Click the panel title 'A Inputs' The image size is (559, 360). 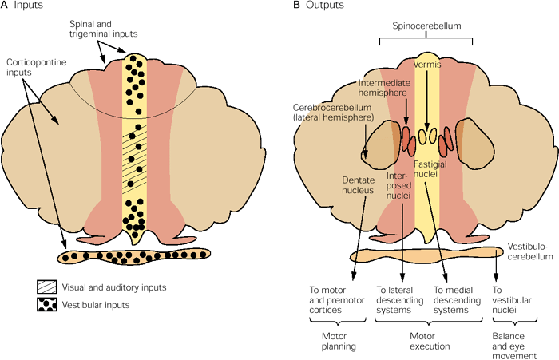point(22,6)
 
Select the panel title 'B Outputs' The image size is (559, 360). point(319,6)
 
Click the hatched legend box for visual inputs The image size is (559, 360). point(47,286)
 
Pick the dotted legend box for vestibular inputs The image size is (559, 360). point(47,304)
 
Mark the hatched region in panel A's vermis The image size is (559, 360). point(139,159)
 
